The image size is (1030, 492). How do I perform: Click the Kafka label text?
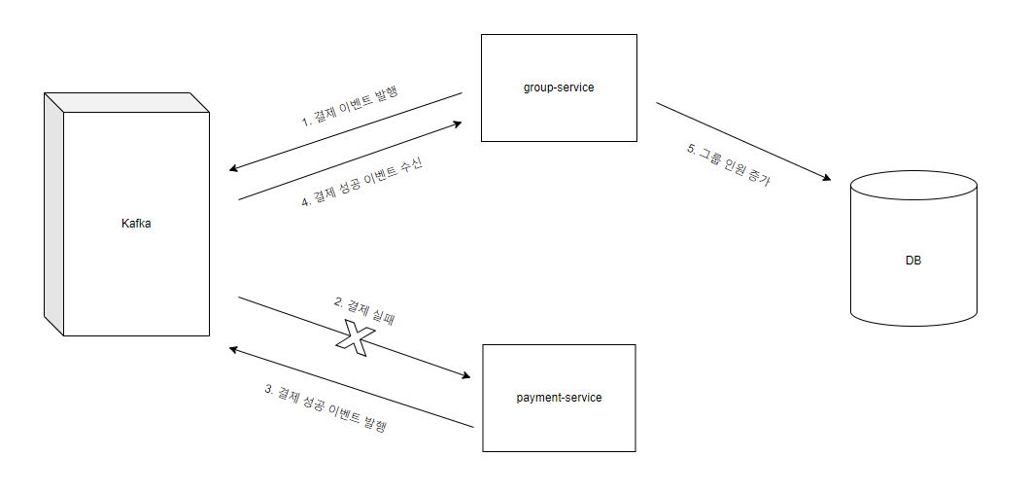(136, 224)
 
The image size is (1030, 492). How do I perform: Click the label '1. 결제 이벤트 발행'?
(351, 107)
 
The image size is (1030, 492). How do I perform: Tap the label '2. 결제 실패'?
(363, 309)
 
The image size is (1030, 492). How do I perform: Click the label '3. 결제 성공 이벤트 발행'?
(326, 407)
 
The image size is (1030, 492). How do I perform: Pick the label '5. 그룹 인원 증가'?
(729, 164)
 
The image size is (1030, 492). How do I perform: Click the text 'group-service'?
(559, 88)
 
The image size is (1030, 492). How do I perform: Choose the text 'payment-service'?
(559, 398)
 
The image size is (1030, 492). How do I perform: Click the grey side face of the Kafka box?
(53, 214)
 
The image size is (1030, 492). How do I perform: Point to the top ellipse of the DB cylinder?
(913, 185)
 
